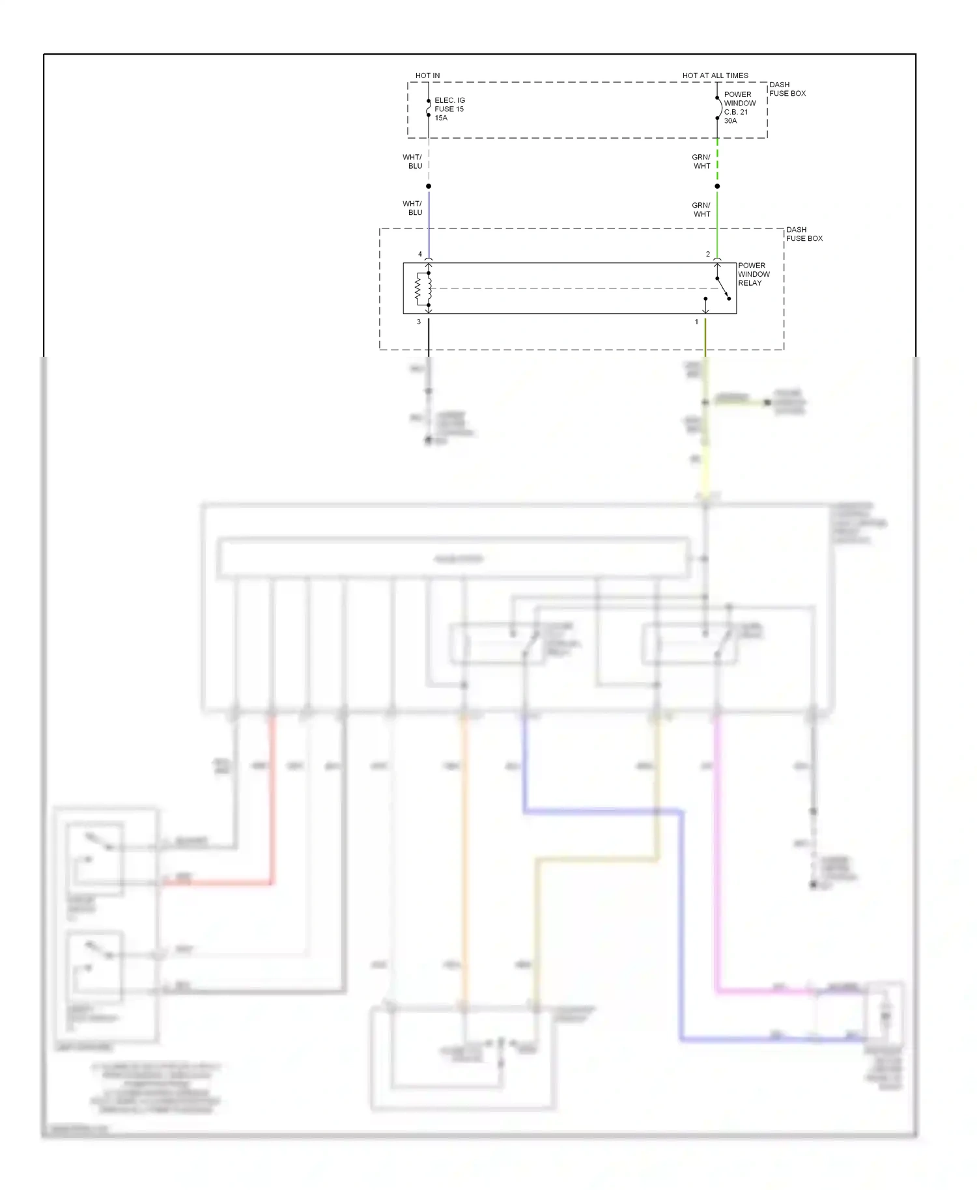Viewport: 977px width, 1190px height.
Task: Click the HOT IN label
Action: (427, 76)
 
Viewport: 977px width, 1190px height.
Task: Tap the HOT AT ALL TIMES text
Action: (715, 76)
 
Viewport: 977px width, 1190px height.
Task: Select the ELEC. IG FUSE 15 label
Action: (449, 105)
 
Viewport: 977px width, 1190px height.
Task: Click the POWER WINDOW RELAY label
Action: (754, 274)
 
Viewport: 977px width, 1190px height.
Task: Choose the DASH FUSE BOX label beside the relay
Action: (804, 234)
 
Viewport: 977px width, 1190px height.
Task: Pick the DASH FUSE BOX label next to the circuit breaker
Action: (787, 89)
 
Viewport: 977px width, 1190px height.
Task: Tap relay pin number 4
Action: (420, 254)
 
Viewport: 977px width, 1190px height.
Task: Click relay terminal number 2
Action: (708, 254)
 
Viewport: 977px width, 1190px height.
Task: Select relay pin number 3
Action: (419, 322)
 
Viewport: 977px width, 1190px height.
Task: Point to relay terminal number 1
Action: (696, 322)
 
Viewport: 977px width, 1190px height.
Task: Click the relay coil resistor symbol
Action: (419, 288)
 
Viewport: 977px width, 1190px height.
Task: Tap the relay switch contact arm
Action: (723, 288)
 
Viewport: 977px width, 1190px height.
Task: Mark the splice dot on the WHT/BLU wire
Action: (429, 186)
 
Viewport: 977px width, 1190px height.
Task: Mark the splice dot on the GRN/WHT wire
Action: (717, 186)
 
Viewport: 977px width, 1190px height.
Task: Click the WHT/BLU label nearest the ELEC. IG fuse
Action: (412, 161)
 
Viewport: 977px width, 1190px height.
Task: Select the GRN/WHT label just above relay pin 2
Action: (701, 210)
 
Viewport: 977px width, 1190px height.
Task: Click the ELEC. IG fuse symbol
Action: (429, 108)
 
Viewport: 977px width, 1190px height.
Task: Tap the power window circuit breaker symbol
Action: (718, 108)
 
